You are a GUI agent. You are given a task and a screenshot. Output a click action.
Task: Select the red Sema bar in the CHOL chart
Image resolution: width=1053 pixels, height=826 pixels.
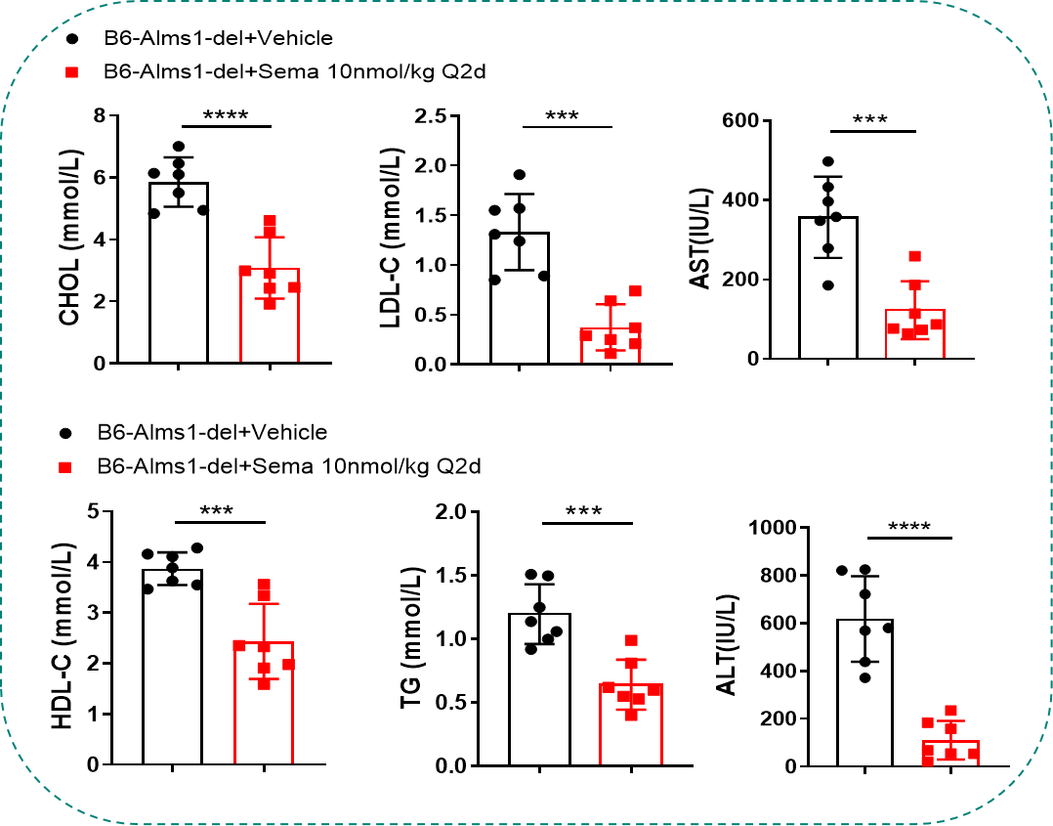270,318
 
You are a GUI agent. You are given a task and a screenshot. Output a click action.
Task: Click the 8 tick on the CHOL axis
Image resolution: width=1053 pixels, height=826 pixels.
99,116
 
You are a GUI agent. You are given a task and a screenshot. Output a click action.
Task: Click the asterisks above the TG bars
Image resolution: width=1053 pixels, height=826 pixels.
585,510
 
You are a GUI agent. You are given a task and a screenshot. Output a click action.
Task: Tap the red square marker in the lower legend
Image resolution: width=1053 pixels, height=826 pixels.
63,467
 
